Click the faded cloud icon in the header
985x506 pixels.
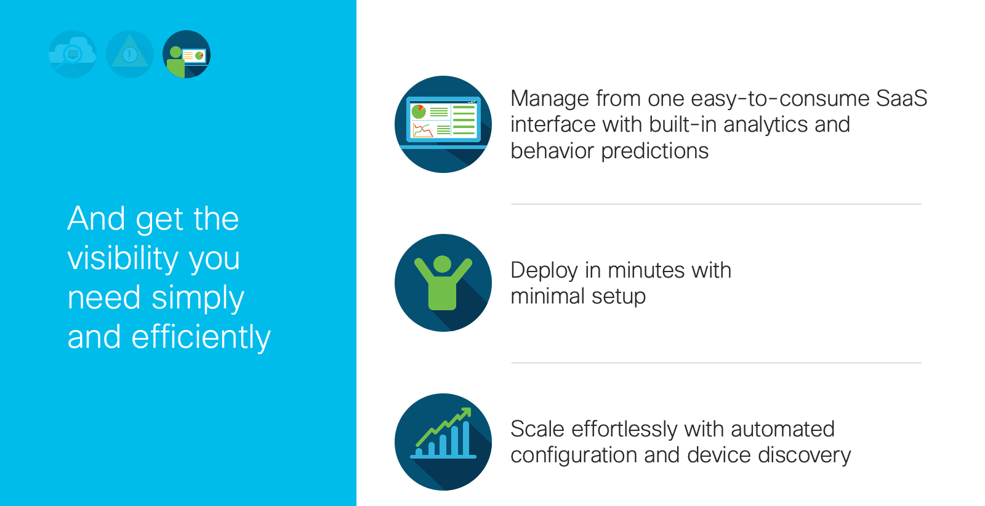(x=73, y=54)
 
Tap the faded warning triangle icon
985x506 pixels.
(x=130, y=54)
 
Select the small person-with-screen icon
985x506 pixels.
(x=187, y=54)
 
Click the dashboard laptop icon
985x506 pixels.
(x=443, y=124)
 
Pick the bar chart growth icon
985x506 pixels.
(x=443, y=442)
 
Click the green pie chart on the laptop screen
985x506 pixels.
(x=419, y=111)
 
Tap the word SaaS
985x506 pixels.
(x=901, y=98)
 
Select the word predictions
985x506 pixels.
(x=655, y=151)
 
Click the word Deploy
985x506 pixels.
(x=544, y=271)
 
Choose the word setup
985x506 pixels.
(x=619, y=297)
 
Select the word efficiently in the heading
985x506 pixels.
(x=201, y=337)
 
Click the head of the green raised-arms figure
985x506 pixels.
(x=443, y=264)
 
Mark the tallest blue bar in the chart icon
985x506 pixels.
(x=466, y=438)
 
